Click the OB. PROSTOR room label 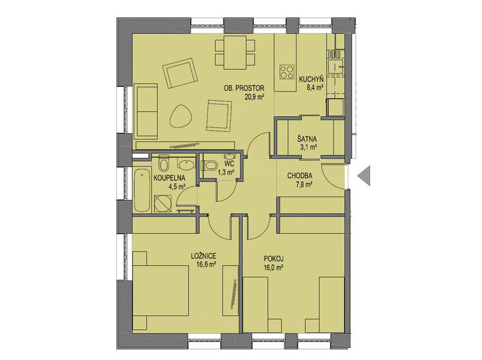[x=244, y=88]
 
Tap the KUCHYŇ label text [x=312, y=79]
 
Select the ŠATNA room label [x=307, y=139]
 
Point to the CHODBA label [x=299, y=176]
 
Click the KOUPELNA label [x=170, y=177]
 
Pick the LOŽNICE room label [x=204, y=256]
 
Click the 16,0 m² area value [x=273, y=267]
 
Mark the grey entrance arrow [x=364, y=175]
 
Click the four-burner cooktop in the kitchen [x=287, y=72]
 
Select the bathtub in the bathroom [x=142, y=190]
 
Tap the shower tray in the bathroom [x=163, y=203]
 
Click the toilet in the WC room [x=210, y=166]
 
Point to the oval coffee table [x=181, y=116]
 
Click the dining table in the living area [x=235, y=53]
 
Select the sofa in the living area [x=146, y=111]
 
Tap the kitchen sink [x=335, y=66]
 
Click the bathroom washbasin [x=186, y=165]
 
